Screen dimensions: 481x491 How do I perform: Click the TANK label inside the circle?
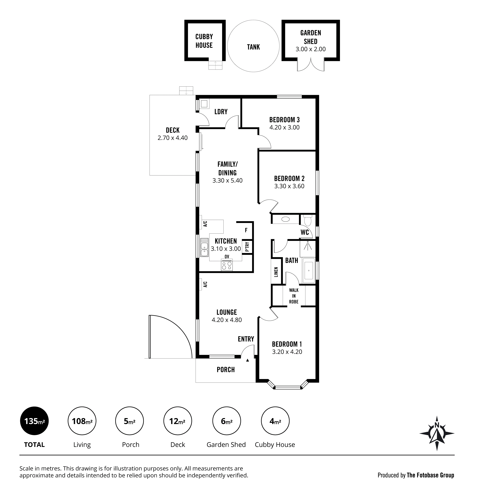253,47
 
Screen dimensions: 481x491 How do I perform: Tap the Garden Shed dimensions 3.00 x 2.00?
311,49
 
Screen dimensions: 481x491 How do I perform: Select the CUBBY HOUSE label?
204,41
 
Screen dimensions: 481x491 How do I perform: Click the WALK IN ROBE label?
294,296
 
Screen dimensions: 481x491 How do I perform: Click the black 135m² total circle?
34,421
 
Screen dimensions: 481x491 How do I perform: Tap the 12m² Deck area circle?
178,421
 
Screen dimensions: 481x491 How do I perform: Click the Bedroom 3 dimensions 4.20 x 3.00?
284,128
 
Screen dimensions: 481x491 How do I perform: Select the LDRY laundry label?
221,112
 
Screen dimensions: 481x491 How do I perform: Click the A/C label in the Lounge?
205,284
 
